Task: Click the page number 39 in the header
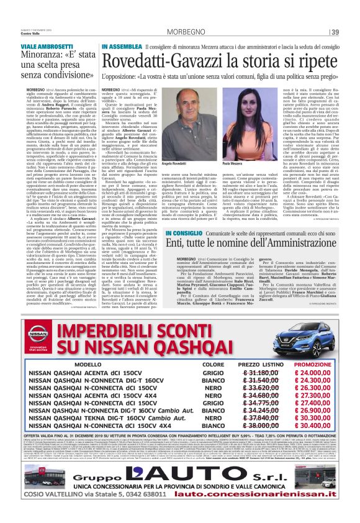[335, 32]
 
